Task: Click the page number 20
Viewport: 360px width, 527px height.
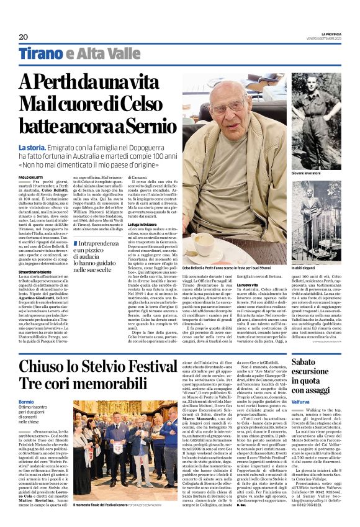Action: [24, 37]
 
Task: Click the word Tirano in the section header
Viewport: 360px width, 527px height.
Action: [41, 54]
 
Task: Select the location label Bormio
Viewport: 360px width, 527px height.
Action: [27, 402]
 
